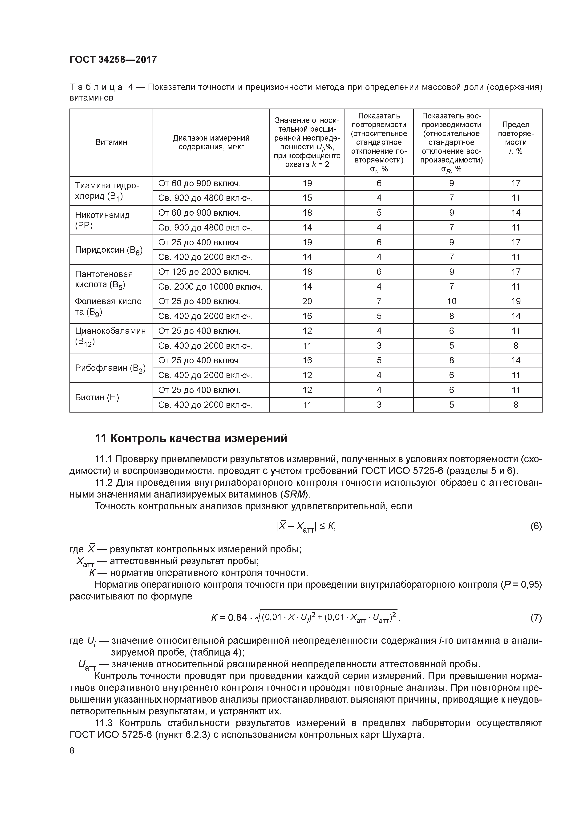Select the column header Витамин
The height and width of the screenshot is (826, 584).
pyautogui.click(x=111, y=142)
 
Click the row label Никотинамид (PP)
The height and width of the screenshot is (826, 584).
pyautogui.click(x=102, y=220)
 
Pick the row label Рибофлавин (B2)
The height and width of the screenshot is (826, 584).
pyautogui.click(x=110, y=368)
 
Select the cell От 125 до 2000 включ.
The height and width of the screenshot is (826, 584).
pyautogui.click(x=204, y=272)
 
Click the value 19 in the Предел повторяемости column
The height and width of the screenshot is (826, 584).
pyautogui.click(x=516, y=301)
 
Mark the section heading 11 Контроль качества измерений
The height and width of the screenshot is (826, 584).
pyautogui.click(x=191, y=438)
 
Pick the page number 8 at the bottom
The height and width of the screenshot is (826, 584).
pyautogui.click(x=72, y=750)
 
